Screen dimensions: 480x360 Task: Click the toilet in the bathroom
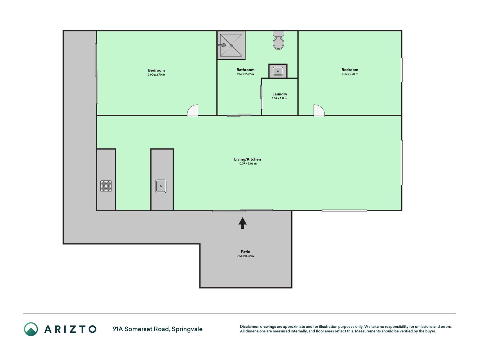[x=278, y=40]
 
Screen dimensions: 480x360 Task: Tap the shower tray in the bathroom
[x=231, y=45]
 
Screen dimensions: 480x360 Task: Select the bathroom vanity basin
[x=278, y=71]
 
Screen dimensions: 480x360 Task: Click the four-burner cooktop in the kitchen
[x=106, y=186]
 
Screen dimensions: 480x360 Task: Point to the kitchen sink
[x=161, y=186]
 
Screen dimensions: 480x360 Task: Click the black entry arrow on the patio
[x=243, y=223]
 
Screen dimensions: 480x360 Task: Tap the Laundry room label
[x=280, y=94]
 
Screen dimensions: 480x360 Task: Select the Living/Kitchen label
[x=247, y=159]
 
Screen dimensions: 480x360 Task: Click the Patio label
[x=245, y=252]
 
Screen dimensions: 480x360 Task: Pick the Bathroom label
[x=245, y=70]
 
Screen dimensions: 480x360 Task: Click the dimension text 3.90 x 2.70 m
[x=156, y=75]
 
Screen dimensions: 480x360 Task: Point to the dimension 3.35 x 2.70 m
[x=350, y=74]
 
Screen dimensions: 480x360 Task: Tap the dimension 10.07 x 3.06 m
[x=247, y=164]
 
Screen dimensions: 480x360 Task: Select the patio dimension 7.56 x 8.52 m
[x=245, y=256]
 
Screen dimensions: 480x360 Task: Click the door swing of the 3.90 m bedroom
[x=193, y=110]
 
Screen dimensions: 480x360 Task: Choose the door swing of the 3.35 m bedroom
[x=319, y=110]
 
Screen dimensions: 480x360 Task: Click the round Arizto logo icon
[x=31, y=329]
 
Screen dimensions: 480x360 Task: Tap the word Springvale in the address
[x=187, y=329]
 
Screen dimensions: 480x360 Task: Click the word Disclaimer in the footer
[x=249, y=327]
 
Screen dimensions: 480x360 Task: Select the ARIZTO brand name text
[x=70, y=329]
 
